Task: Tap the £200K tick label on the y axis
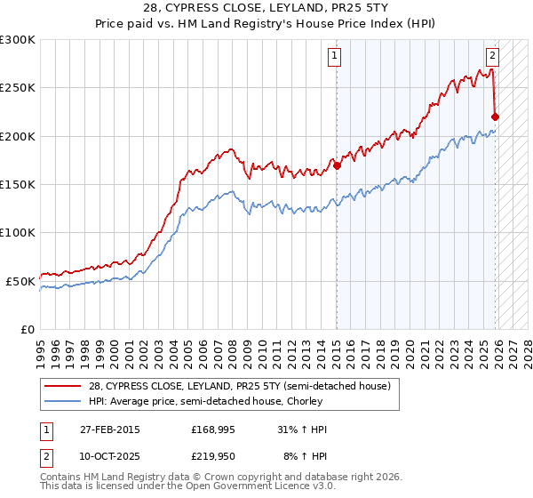pyautogui.click(x=18, y=136)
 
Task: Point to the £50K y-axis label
pyautogui.click(x=20, y=281)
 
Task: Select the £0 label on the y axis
pyautogui.click(x=28, y=329)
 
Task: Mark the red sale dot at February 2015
pyautogui.click(x=338, y=165)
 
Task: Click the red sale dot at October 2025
pyautogui.click(x=495, y=116)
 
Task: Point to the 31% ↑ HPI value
pyautogui.click(x=302, y=430)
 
